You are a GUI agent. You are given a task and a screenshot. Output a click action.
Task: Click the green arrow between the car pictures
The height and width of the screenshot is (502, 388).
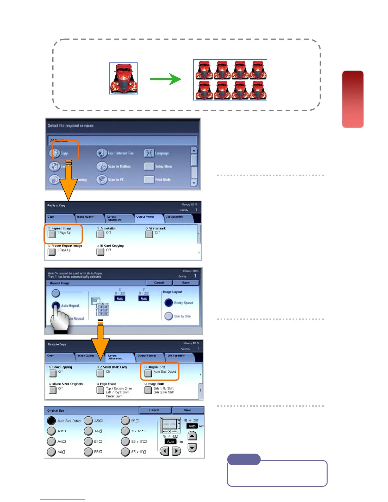pyautogui.click(x=165, y=79)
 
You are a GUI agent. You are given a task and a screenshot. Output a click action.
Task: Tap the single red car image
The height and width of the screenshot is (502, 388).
pyautogui.click(x=123, y=78)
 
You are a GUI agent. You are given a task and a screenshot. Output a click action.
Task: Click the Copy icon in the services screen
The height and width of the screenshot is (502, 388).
pyautogui.click(x=55, y=153)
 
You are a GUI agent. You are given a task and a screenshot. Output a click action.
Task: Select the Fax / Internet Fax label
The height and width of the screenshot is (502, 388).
pyautogui.click(x=120, y=153)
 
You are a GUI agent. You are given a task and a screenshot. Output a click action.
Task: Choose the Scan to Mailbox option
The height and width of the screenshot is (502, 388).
pyautogui.click(x=119, y=166)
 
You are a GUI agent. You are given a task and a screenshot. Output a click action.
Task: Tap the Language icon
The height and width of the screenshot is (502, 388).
pyautogui.click(x=149, y=153)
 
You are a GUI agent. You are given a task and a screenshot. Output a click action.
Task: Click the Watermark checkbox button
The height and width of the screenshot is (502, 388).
pyautogui.click(x=149, y=234)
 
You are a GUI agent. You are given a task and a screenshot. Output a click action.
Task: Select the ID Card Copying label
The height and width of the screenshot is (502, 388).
pyautogui.click(x=112, y=246)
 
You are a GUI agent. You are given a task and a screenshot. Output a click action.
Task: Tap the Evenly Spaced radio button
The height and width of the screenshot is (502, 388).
pyautogui.click(x=169, y=303)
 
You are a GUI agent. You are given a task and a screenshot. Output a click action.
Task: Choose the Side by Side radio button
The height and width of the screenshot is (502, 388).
pyautogui.click(x=169, y=316)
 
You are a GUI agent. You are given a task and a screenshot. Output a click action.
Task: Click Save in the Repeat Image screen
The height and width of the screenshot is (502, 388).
pyautogui.click(x=186, y=282)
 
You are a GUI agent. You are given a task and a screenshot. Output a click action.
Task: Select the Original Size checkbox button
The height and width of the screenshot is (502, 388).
pyautogui.click(x=148, y=373)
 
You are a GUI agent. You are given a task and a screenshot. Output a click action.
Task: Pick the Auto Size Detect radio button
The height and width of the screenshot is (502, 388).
pyautogui.click(x=51, y=421)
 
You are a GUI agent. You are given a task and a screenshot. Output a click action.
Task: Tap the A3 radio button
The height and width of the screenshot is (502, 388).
pyautogui.click(x=51, y=431)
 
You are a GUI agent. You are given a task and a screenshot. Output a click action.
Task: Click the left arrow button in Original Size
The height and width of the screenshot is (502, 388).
pyautogui.click(x=164, y=451)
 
